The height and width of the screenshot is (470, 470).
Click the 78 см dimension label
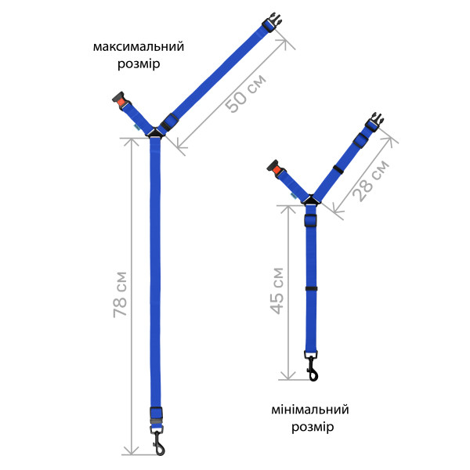[120, 295]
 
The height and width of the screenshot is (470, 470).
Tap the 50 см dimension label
[245, 93]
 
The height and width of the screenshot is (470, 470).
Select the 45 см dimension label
[277, 291]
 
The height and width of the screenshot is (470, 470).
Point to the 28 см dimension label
[371, 180]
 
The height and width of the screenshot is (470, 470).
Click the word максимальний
[139, 47]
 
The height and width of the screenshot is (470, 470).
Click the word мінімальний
[310, 410]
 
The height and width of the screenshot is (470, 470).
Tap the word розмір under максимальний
[139, 64]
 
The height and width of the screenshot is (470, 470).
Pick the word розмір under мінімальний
[313, 427]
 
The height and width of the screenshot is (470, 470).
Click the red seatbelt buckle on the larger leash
[121, 101]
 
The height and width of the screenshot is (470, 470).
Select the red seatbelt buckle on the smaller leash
[276, 170]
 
